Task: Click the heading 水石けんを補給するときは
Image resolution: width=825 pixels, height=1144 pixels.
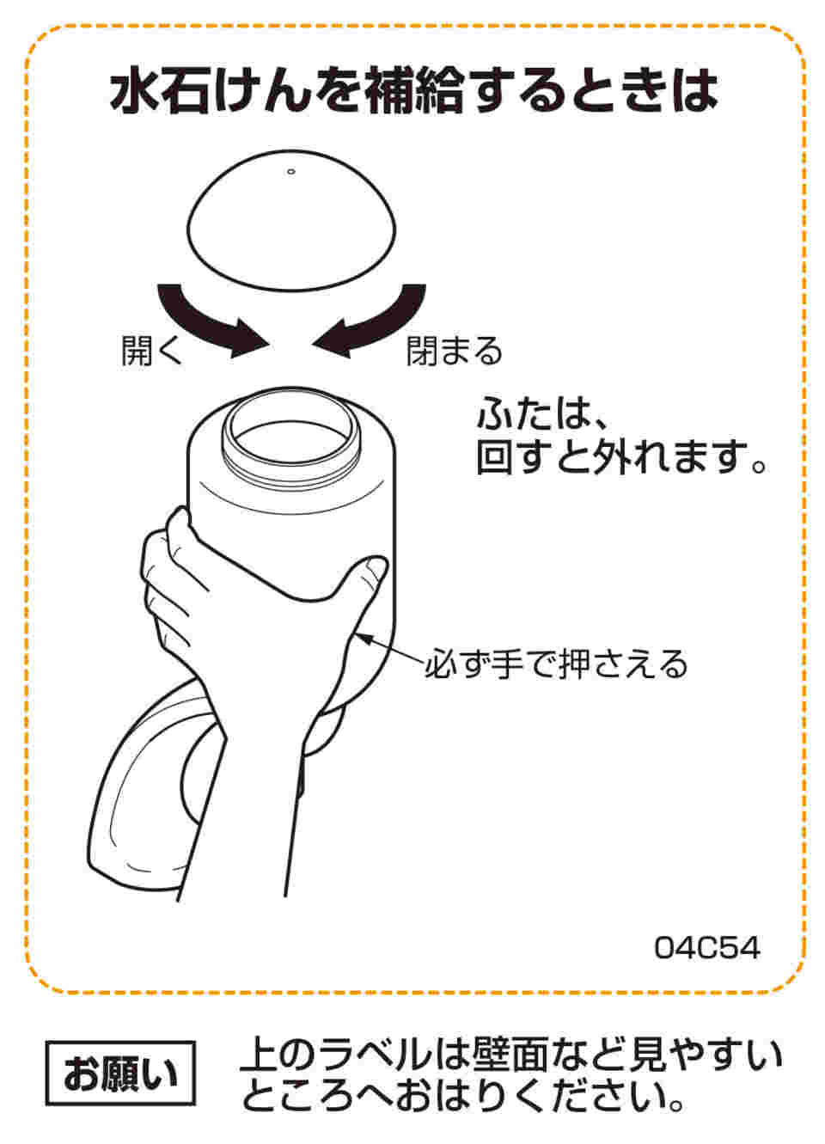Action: coord(413,91)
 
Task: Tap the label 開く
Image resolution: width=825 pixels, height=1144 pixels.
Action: coord(151,352)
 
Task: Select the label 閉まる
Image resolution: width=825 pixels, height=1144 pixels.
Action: coord(455,352)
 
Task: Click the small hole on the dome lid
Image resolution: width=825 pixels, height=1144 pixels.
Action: coord(291,172)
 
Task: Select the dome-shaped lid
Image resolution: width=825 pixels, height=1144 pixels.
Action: coord(291,221)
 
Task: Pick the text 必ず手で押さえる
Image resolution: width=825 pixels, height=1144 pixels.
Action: coord(557,664)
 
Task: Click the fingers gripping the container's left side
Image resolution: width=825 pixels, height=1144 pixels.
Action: coord(168,587)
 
